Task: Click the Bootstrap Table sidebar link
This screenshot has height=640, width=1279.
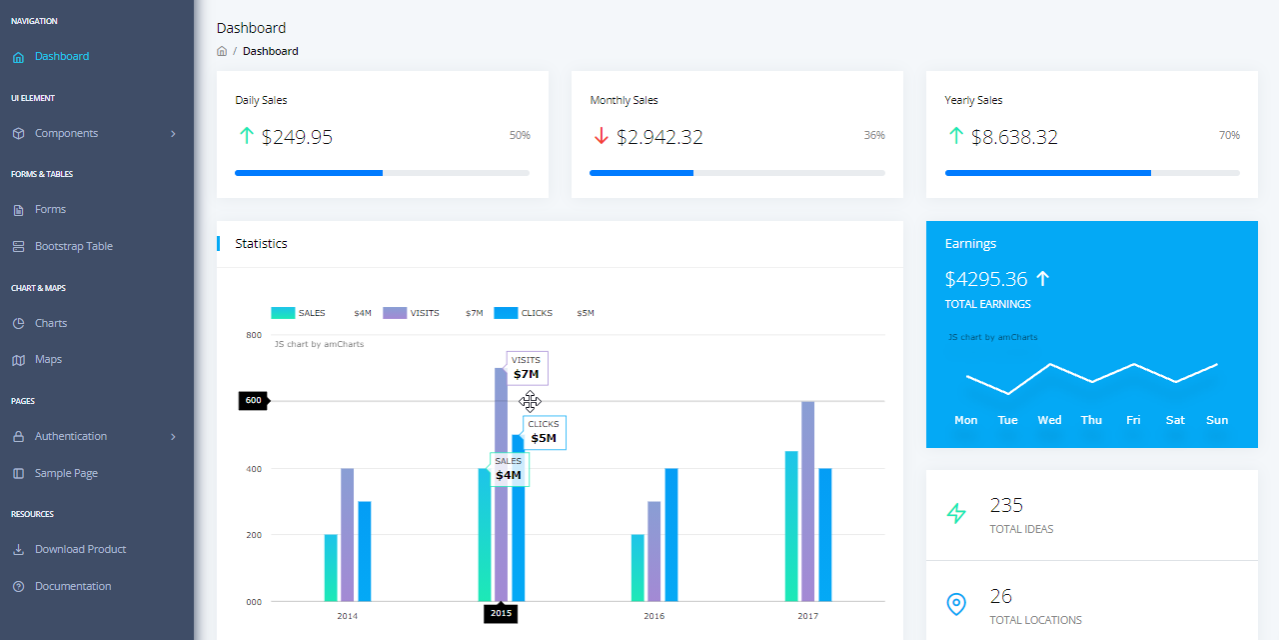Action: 73,246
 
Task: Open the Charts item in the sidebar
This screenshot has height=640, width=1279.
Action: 51,323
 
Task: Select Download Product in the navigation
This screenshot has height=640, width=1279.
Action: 80,549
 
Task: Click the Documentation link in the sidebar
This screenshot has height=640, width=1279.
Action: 73,586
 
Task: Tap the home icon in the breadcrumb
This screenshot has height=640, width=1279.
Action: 222,51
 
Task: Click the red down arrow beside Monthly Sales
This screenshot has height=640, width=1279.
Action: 601,136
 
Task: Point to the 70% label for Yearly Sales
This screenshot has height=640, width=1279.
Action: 1229,135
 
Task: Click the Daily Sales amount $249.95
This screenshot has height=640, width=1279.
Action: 297,137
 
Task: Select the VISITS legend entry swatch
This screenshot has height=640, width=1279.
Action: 395,313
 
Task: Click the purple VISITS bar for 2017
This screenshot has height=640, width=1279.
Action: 807,500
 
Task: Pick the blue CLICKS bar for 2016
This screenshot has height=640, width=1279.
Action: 671,534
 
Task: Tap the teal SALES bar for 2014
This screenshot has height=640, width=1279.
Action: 331,567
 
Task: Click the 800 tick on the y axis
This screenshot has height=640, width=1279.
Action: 254,335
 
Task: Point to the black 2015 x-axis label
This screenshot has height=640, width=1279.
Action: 501,613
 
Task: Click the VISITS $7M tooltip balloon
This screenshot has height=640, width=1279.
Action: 527,368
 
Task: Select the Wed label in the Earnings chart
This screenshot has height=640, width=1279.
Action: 1049,420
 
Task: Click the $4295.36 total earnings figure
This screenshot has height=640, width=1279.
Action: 985,279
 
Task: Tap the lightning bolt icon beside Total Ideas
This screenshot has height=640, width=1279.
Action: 956,514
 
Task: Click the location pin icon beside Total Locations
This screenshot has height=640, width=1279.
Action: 956,604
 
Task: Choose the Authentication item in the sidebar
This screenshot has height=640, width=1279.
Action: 71,436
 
